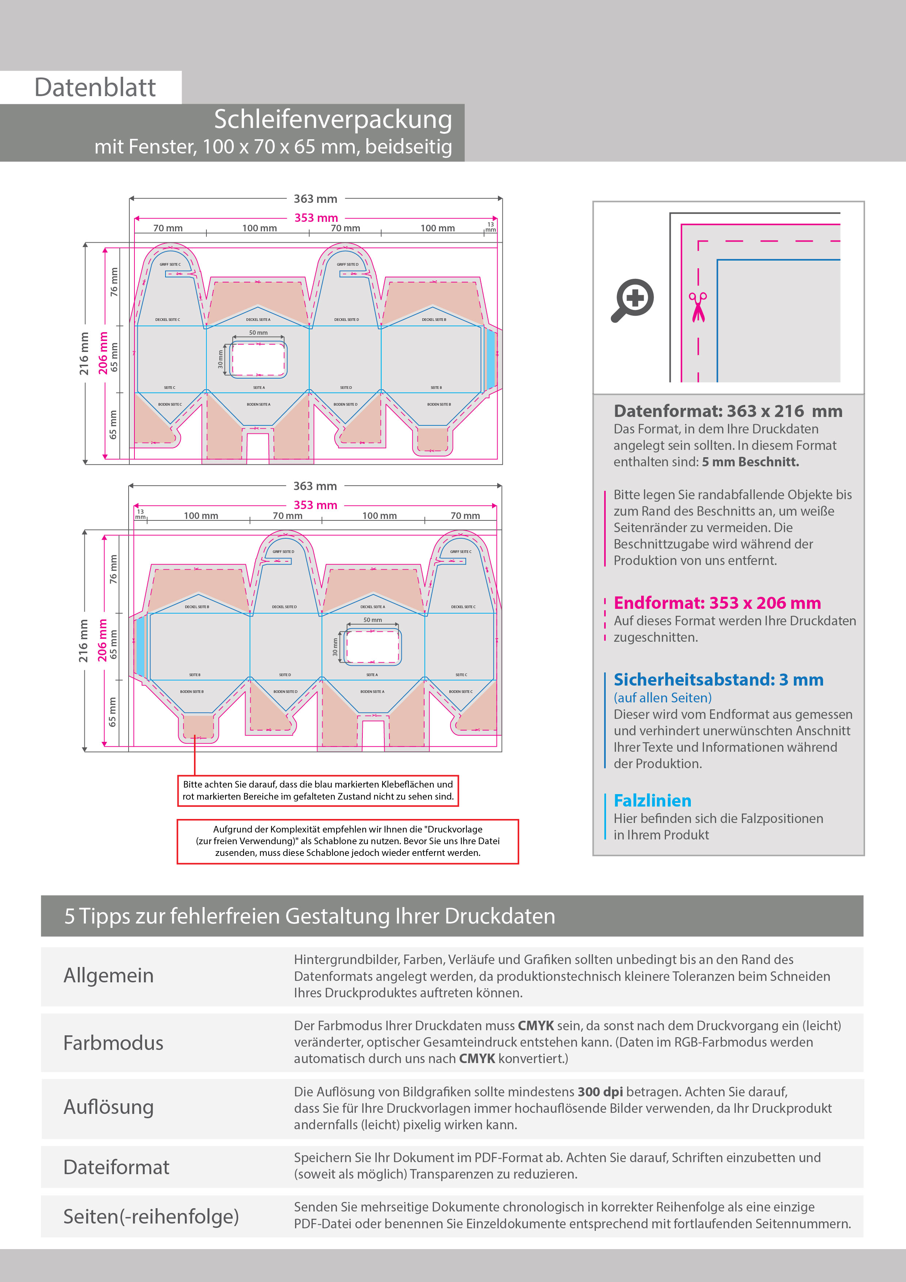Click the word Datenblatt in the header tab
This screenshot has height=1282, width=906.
click(95, 88)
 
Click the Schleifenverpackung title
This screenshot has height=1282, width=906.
click(333, 120)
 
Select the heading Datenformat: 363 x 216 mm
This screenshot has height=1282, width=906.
click(727, 411)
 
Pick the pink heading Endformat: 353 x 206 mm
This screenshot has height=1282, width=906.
click(717, 603)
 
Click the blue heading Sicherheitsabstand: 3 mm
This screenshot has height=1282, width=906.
click(718, 679)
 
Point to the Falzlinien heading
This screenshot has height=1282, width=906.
click(652, 801)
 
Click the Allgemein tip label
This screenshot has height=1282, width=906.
click(108, 975)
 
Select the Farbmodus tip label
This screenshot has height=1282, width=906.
click(113, 1043)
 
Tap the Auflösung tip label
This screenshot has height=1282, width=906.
click(108, 1107)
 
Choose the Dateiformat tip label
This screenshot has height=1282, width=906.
click(116, 1167)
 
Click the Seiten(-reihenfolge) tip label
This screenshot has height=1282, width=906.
click(151, 1216)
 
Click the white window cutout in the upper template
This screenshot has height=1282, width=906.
click(258, 360)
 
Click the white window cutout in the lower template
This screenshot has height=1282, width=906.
click(372, 647)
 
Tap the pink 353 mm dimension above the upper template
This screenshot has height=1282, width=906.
click(316, 218)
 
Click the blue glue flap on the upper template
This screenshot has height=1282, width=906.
click(491, 359)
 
